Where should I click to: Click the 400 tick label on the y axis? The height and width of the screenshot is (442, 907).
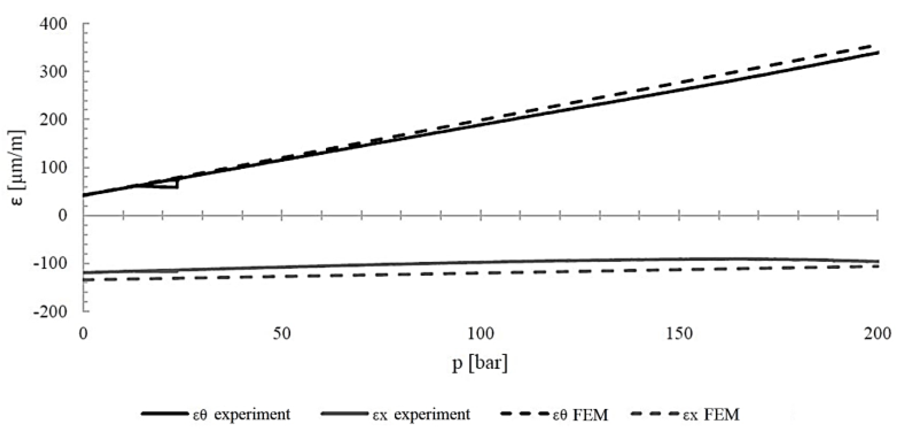point(53,24)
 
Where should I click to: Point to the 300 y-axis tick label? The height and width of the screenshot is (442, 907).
point(53,72)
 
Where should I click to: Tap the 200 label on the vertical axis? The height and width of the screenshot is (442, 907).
point(53,120)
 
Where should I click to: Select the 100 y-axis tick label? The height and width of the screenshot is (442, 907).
point(53,168)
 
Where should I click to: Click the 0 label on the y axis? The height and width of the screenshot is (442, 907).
point(62,215)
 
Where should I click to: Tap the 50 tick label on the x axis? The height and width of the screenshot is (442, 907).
point(282,334)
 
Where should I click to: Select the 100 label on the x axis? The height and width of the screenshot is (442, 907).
point(480,334)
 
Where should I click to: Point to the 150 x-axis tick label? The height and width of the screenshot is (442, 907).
point(679,334)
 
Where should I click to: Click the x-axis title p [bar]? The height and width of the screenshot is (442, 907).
point(480,363)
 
